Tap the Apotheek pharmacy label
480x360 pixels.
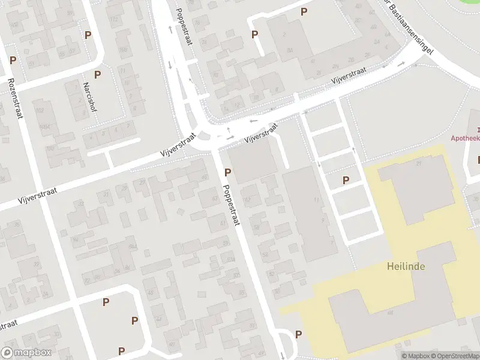pyautogui.click(x=466, y=137)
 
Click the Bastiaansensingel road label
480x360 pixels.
pyautogui.click(x=412, y=29)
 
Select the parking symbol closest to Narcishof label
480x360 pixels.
pyautogui.click(x=97, y=74)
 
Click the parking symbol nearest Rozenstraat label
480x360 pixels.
pyautogui.click(x=13, y=61)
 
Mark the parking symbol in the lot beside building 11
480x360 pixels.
pyautogui.click(x=346, y=180)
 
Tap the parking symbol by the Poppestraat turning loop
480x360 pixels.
pyautogui.click(x=298, y=334)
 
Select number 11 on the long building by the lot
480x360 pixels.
pyautogui.click(x=316, y=199)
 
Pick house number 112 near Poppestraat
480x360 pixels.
pyautogui.click(x=114, y=19)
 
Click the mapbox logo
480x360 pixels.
pyautogui.click(x=26, y=353)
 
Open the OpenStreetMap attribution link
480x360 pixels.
pyautogui.click(x=455, y=356)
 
